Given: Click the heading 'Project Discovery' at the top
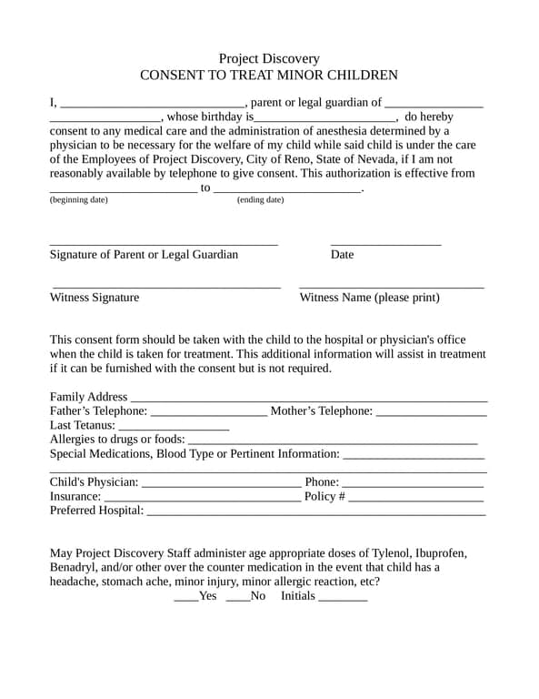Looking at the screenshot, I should pyautogui.click(x=269, y=58).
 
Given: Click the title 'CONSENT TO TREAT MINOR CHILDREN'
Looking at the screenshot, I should pyautogui.click(x=269, y=76).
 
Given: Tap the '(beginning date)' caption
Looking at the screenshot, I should pyautogui.click(x=78, y=199).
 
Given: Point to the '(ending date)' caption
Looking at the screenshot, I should pyautogui.click(x=260, y=199).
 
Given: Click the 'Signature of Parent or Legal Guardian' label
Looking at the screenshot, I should pyautogui.click(x=144, y=255).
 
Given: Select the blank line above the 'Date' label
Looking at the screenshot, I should pyautogui.click(x=385, y=244).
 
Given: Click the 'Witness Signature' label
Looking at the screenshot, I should pyautogui.click(x=95, y=298).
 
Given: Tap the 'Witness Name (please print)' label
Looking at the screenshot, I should pyautogui.click(x=369, y=298).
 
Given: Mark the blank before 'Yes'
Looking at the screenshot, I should pyautogui.click(x=185, y=599).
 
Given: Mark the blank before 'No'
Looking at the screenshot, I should pyautogui.click(x=237, y=599).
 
